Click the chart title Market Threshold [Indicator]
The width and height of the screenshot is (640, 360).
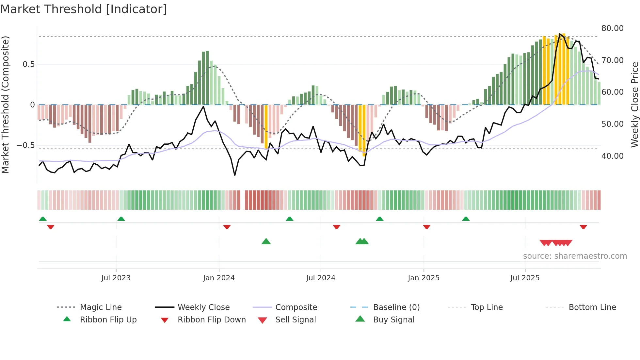pos(84,9)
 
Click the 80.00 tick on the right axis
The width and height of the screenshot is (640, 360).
pos(612,28)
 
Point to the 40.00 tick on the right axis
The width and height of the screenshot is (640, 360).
pos(612,156)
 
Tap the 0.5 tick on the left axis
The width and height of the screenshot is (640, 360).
pos(29,64)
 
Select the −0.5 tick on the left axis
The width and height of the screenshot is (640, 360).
pos(26,145)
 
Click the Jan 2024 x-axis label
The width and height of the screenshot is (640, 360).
pos(219,278)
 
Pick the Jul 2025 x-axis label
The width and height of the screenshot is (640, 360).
pos(525,278)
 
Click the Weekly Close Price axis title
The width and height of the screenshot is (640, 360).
pos(634,105)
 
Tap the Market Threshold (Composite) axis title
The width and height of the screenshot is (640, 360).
pos(5,105)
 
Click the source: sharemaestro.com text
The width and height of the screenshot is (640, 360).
pos(575,256)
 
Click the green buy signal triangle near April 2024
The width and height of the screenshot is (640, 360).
pos(266,242)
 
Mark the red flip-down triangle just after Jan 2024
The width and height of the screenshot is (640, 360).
pos(227,227)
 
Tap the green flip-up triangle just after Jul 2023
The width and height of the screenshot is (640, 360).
pos(121,219)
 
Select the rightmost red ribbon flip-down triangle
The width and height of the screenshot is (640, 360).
pos(583,227)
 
